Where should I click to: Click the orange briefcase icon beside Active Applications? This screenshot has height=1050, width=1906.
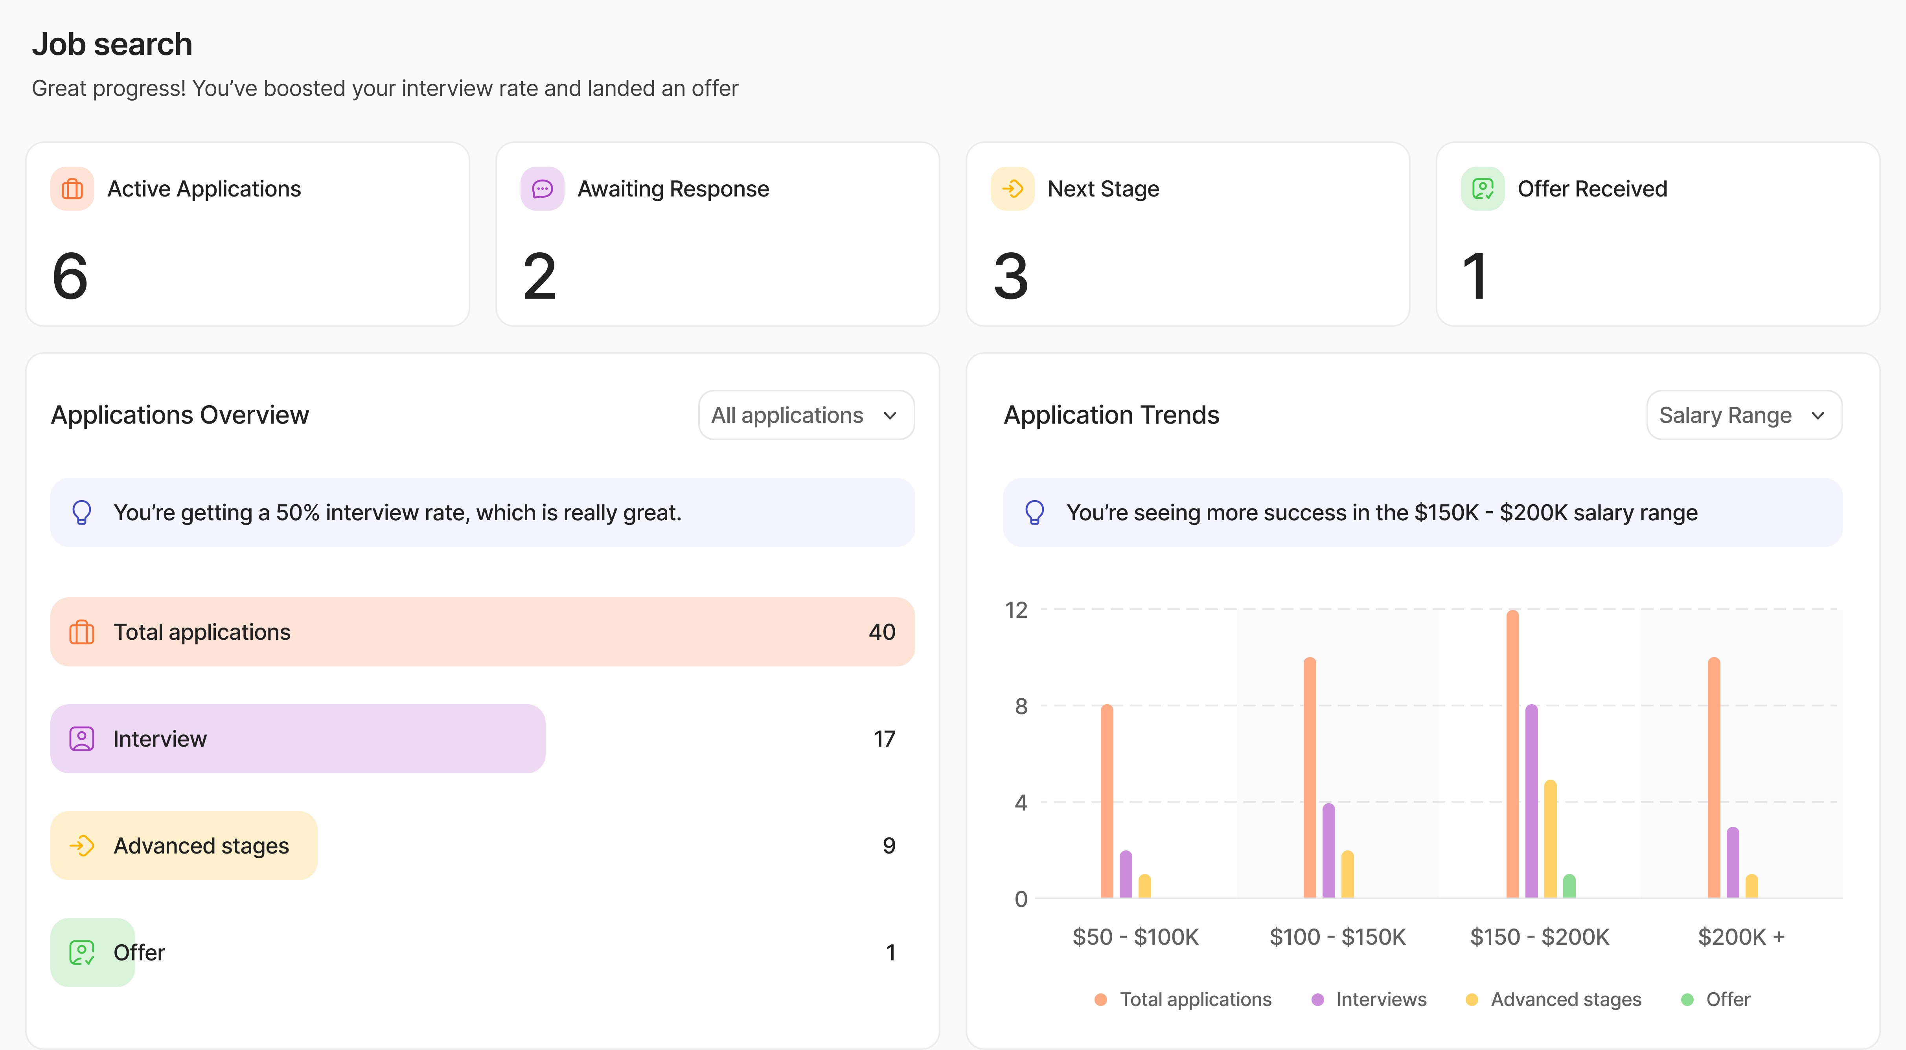point(72,189)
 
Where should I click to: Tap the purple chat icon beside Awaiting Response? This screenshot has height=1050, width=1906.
point(542,189)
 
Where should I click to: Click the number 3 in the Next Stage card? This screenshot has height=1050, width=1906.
point(1011,277)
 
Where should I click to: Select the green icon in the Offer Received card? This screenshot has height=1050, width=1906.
point(1482,189)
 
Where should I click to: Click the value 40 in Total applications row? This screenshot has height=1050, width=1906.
point(881,632)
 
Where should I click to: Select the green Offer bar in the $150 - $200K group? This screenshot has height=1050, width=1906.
point(1569,887)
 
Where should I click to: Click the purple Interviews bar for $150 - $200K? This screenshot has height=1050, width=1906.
point(1531,802)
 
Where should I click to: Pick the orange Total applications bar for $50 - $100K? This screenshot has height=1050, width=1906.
point(1106,802)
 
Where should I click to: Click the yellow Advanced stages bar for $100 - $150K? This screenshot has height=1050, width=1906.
point(1347,875)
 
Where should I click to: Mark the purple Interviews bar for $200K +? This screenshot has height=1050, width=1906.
point(1732,863)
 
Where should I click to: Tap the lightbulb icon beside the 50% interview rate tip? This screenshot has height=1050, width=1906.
point(81,512)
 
